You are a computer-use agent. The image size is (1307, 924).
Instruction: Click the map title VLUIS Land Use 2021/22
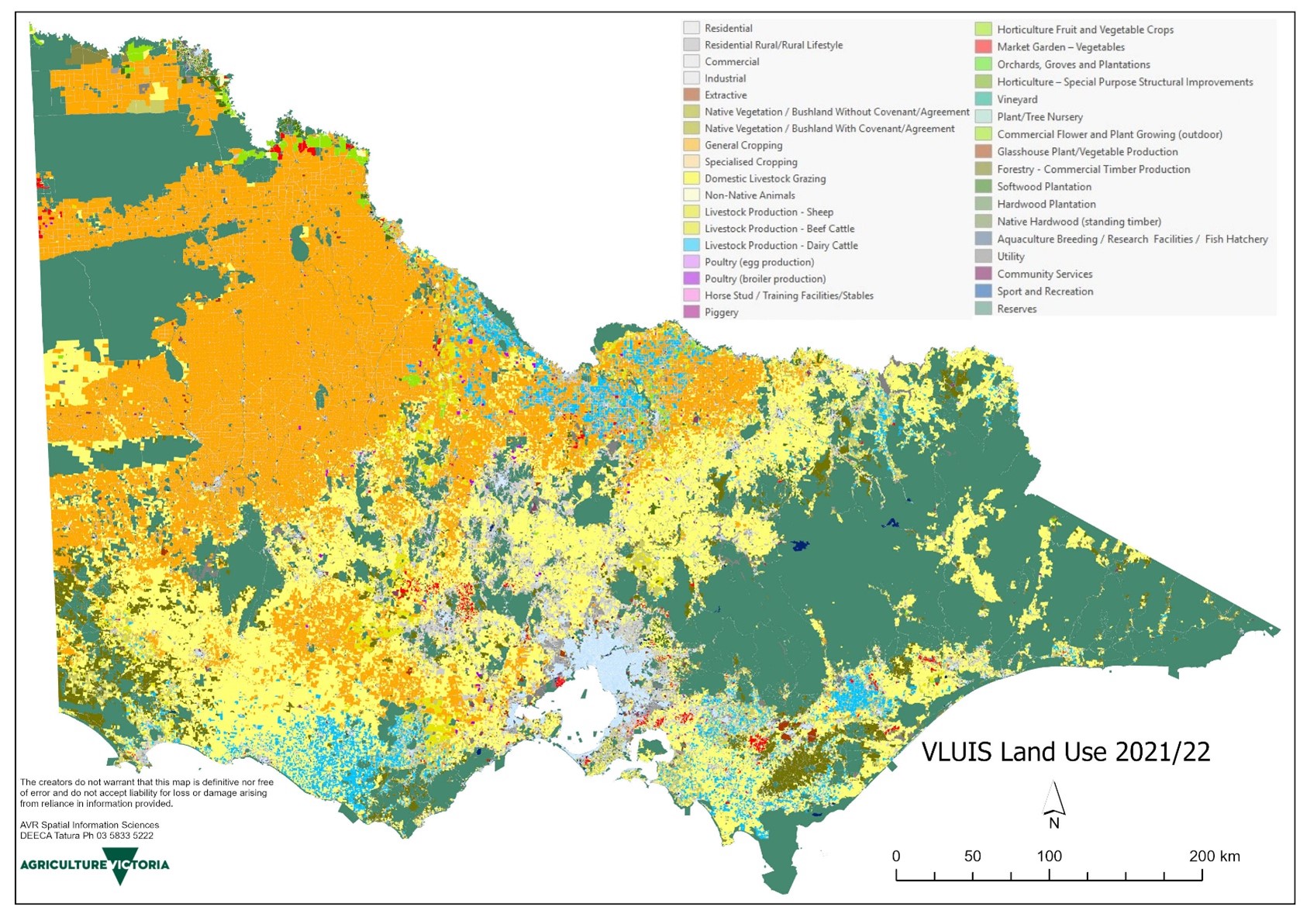1065,752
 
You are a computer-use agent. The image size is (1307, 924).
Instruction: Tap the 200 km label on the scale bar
1214,856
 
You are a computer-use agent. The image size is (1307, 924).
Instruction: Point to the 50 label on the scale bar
972,856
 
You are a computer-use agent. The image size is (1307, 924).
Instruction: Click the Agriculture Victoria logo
95,866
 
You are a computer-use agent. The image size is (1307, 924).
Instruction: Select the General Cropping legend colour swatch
691,145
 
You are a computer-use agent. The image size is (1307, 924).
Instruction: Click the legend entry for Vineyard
1016,99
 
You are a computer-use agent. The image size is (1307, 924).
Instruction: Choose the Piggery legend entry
721,312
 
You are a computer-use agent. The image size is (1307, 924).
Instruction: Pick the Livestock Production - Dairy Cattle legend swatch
691,245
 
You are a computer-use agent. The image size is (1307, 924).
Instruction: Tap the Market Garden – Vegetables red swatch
983,47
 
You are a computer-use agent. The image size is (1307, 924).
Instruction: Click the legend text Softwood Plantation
1043,187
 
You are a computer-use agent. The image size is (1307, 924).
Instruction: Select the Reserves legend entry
1016,309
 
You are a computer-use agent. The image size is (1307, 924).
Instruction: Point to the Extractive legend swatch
691,95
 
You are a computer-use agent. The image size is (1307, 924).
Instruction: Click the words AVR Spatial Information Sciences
89,825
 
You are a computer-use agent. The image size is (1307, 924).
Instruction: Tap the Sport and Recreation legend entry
1044,291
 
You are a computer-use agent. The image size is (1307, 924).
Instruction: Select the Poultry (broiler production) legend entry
764,279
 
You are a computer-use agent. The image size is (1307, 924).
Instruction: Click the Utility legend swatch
983,257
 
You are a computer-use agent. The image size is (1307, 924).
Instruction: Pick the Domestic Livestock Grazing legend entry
764,178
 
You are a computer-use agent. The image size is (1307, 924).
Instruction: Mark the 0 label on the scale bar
896,856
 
